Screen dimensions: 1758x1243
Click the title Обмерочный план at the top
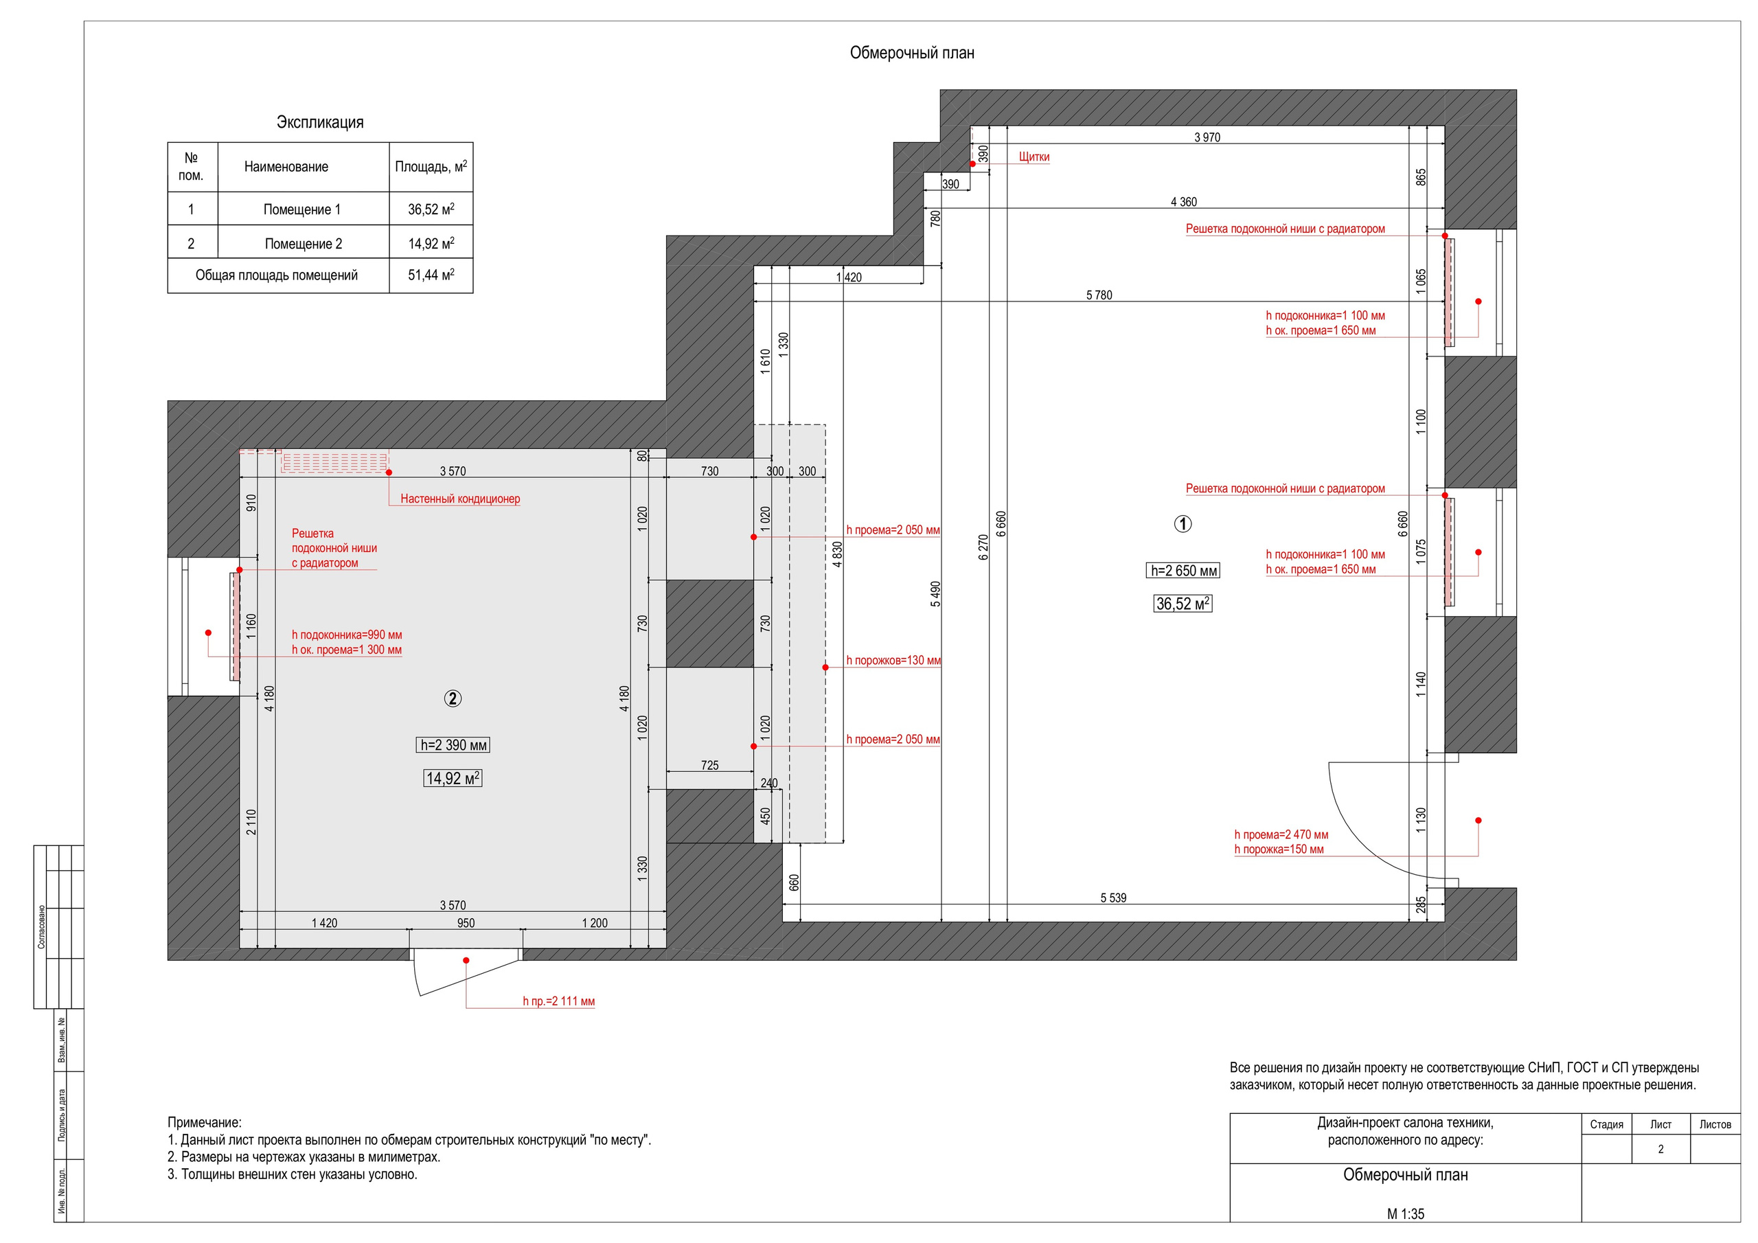coord(912,53)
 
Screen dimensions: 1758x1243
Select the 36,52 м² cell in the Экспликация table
coord(431,209)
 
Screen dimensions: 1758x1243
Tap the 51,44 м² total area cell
coord(431,275)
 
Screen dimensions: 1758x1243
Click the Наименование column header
coord(286,167)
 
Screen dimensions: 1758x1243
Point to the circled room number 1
coord(1183,524)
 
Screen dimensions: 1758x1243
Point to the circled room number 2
coord(453,698)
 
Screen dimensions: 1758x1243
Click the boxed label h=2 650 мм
coord(1184,571)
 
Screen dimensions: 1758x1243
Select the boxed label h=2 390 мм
coord(453,745)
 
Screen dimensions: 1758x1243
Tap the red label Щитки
coord(1034,157)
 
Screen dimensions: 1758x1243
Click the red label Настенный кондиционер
coord(460,499)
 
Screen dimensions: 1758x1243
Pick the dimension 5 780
coord(1099,295)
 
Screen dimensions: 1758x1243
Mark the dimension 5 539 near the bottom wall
coord(1113,898)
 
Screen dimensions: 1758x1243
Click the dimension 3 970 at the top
coord(1207,138)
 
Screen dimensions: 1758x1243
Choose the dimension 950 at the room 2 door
coord(466,923)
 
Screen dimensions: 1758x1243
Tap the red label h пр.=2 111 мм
coord(559,1001)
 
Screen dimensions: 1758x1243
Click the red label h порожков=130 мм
coord(893,660)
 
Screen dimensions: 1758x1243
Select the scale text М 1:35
coord(1406,1214)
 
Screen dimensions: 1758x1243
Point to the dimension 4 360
coord(1184,202)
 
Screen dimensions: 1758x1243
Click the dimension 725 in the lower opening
coord(710,765)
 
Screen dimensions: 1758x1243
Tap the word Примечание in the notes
coord(205,1123)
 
